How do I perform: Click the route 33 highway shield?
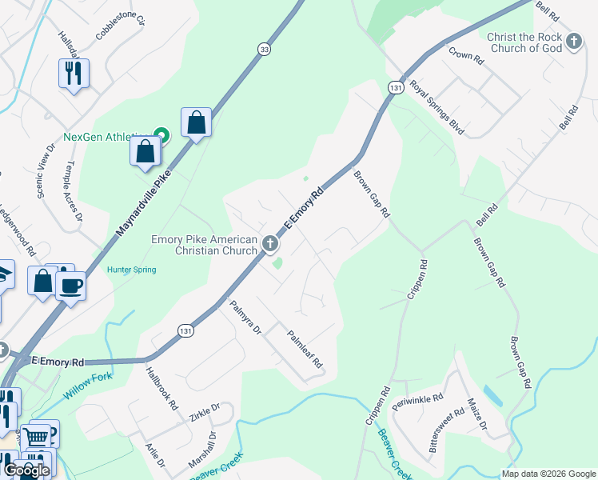point(264,50)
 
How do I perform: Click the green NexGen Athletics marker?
point(160,135)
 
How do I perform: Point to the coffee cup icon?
point(70,285)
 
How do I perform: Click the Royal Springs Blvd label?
point(437,106)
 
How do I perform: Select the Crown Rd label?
point(467,55)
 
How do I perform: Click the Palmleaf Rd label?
point(305,350)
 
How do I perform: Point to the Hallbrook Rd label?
point(161,388)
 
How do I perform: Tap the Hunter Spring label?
point(132,270)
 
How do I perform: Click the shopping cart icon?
point(36,437)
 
